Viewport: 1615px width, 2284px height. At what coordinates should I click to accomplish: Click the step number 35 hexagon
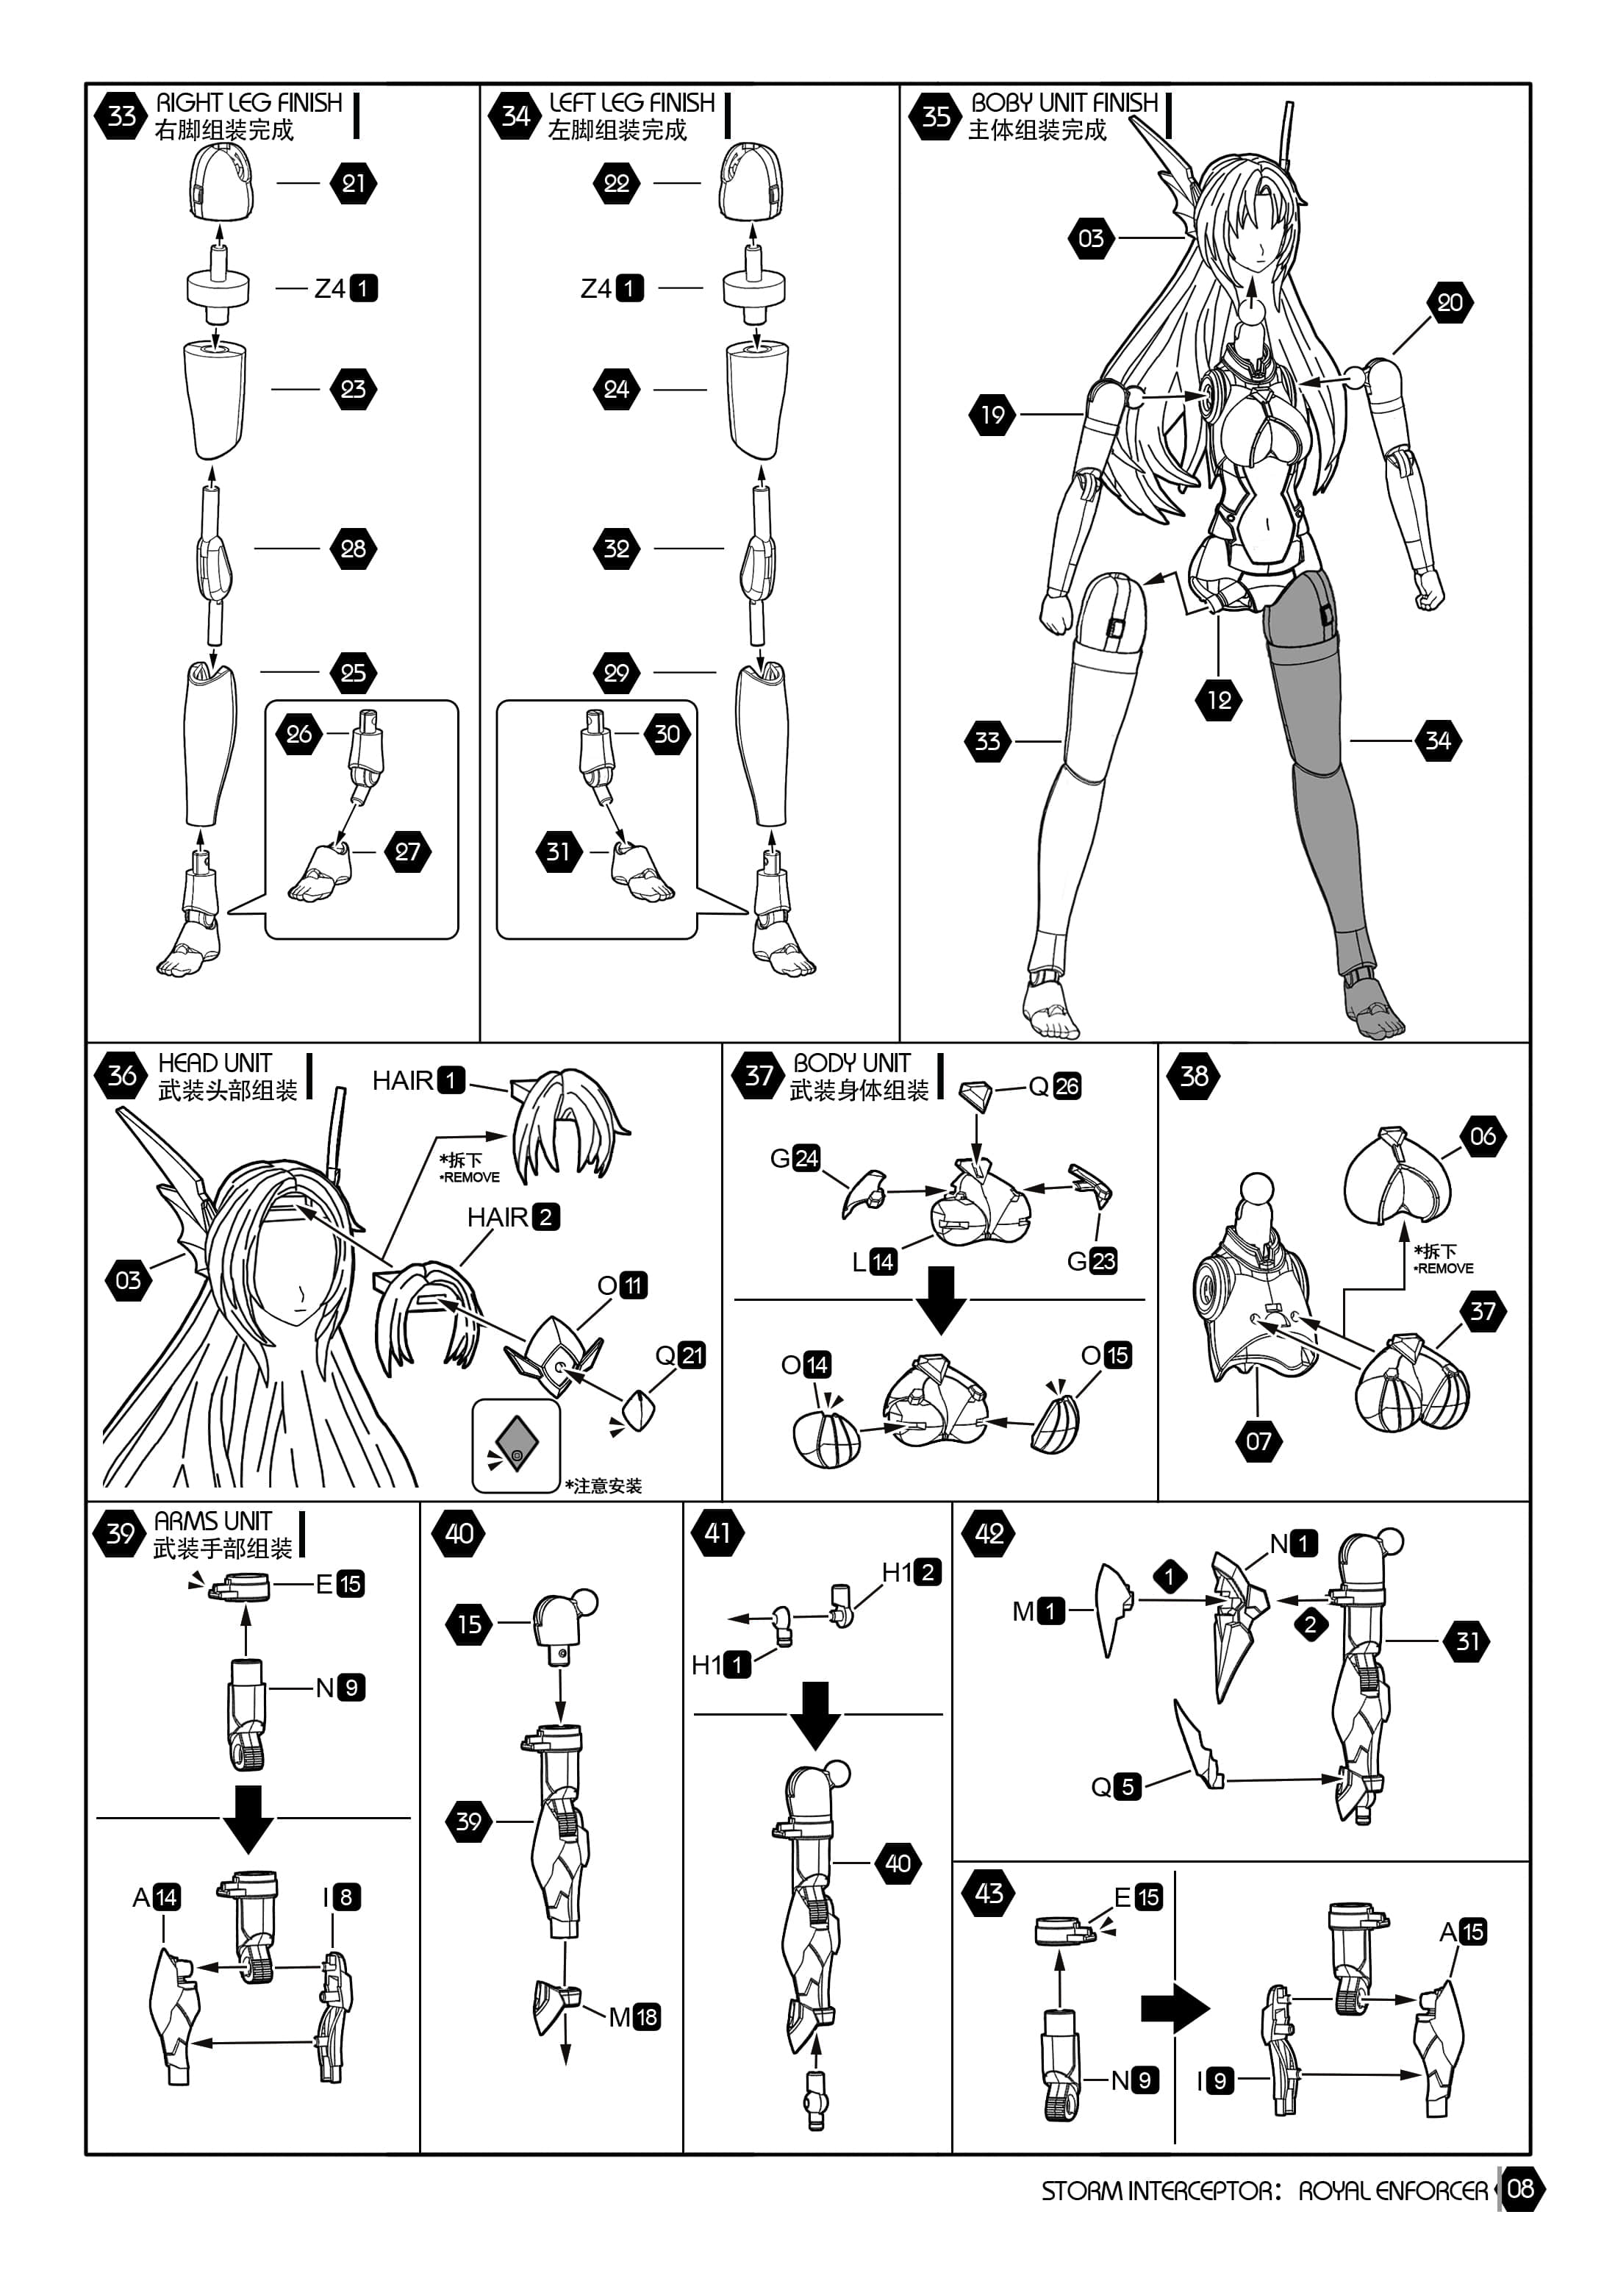click(x=936, y=116)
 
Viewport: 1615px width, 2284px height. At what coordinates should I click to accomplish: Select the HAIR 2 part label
click(x=513, y=1216)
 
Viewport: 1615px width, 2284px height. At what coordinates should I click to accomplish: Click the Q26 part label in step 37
click(x=1054, y=1086)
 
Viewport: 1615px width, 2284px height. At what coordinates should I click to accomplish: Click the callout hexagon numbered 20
click(x=1450, y=302)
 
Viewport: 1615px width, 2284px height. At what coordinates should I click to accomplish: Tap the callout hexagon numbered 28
click(x=353, y=548)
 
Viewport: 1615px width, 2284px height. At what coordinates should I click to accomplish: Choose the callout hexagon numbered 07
click(x=1258, y=1441)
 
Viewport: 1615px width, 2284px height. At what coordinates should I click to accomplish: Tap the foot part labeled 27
click(x=321, y=872)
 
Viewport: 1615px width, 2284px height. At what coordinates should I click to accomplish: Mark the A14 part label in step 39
click(x=156, y=1897)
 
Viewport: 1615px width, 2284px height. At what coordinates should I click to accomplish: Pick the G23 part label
click(x=1092, y=1261)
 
